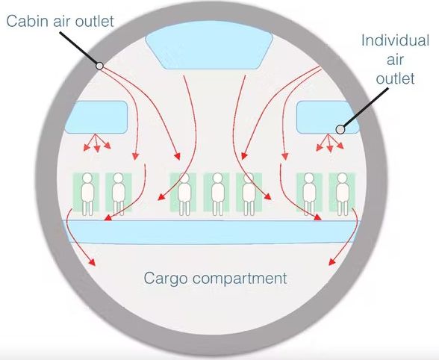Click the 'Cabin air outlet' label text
pyautogui.click(x=60, y=22)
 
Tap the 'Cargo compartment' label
pyautogui.click(x=215, y=278)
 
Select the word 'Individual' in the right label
pyautogui.click(x=396, y=40)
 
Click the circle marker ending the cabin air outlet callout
pyautogui.click(x=99, y=66)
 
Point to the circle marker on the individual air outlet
pyautogui.click(x=340, y=129)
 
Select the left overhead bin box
pyautogui.click(x=96, y=117)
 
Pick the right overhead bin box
pyautogui.click(x=328, y=117)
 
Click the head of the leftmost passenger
pyautogui.click(x=87, y=178)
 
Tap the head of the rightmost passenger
pyautogui.click(x=343, y=178)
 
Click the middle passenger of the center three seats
pyautogui.click(x=217, y=194)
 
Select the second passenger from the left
pyautogui.click(x=119, y=194)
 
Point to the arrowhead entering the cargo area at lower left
pyautogui.click(x=92, y=262)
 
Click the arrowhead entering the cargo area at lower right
pyautogui.click(x=331, y=261)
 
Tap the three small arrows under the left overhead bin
pyautogui.click(x=96, y=143)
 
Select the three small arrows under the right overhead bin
pyautogui.click(x=329, y=143)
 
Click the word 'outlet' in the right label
pyautogui.click(x=395, y=78)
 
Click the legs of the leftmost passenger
pyautogui.click(x=87, y=208)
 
